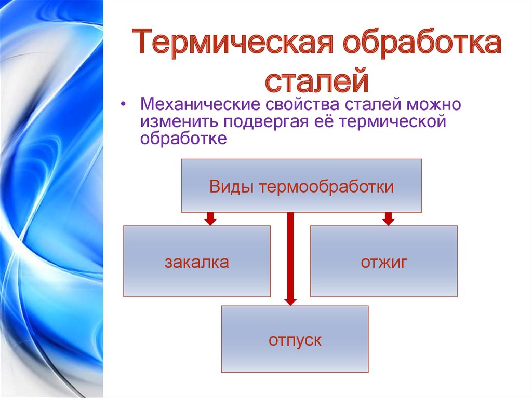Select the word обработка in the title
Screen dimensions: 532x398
[422, 43]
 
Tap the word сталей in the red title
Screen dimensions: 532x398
[316, 80]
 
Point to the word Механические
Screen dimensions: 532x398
[200, 104]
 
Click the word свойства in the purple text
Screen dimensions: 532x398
[302, 104]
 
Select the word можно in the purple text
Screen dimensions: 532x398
[434, 104]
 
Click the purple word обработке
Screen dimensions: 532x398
[183, 138]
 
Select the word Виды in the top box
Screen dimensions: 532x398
[231, 186]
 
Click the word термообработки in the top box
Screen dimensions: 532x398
[326, 187]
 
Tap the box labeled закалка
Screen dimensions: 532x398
[197, 261]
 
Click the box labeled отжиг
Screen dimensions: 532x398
[384, 261]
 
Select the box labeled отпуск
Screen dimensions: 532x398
[295, 339]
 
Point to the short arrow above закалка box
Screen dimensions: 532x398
[210, 218]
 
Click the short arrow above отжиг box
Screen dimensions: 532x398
[389, 218]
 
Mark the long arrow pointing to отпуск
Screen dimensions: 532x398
[290, 259]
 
